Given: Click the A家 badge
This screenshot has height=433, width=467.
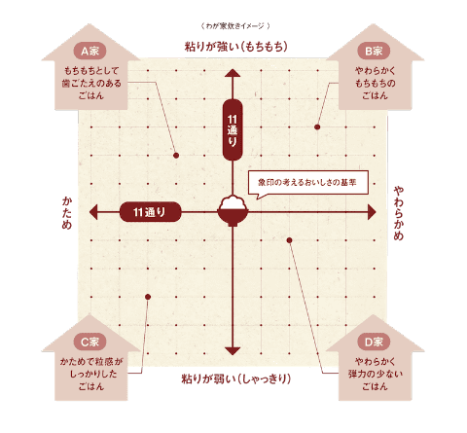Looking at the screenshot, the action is pos(90,51).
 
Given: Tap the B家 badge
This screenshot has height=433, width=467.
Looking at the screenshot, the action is pos(374,51).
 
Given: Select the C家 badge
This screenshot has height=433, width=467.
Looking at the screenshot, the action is pos(90,342).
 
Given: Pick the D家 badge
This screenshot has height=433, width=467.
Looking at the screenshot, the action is pos(374,342).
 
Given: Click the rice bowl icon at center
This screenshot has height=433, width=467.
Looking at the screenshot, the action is pos(233,211).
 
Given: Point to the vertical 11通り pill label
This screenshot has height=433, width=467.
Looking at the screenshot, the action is pos(233,129).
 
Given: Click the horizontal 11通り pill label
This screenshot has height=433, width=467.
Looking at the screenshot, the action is pos(150,212).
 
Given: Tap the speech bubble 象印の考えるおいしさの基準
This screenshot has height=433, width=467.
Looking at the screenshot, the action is pos(308,183).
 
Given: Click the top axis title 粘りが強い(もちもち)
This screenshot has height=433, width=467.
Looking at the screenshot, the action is pos(236,47).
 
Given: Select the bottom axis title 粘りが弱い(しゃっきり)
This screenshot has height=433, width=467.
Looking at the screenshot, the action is pos(236,379).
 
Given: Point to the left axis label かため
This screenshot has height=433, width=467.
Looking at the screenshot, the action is pos(67,213).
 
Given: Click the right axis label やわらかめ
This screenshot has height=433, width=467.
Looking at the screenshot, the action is pos(399,213).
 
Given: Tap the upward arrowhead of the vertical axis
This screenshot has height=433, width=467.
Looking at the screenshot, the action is pos(233,73).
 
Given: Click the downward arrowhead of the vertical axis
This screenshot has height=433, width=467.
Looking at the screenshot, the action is pos(233,351).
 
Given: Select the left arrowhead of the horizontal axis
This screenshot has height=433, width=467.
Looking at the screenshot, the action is pos(93,212).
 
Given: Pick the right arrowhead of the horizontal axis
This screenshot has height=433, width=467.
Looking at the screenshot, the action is pos(372,212).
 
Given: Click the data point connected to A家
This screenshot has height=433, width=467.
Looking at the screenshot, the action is pos(176,156).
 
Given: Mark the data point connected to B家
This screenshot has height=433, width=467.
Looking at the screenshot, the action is pos(317,127).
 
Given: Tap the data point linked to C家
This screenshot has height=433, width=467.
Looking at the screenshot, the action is pos(148,297).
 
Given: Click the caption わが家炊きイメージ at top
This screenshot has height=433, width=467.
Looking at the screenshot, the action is pos(235,26).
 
